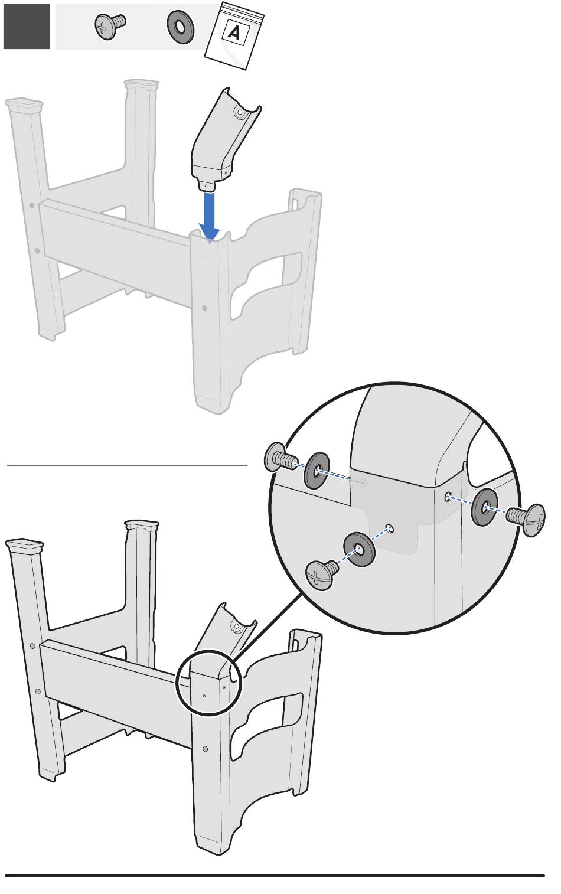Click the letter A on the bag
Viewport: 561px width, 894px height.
[x=234, y=33]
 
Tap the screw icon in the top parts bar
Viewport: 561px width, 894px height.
[x=110, y=27]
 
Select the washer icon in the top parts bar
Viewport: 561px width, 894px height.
[x=180, y=27]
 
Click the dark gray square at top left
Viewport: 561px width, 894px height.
[x=27, y=27]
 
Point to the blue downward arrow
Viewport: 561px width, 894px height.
[x=210, y=216]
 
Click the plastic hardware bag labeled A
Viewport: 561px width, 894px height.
[x=234, y=35]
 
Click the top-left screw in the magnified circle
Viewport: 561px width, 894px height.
[x=280, y=458]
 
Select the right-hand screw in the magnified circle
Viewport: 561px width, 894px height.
[x=526, y=519]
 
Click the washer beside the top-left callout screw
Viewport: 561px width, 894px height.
[x=317, y=471]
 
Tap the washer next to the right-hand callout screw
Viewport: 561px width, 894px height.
[x=485, y=507]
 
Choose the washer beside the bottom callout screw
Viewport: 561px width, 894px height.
[x=359, y=549]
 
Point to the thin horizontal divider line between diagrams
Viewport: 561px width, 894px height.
[x=127, y=465]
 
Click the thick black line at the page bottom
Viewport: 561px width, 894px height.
[x=275, y=876]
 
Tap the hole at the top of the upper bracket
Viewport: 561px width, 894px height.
[x=240, y=112]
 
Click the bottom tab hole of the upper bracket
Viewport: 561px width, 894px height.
[x=206, y=185]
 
